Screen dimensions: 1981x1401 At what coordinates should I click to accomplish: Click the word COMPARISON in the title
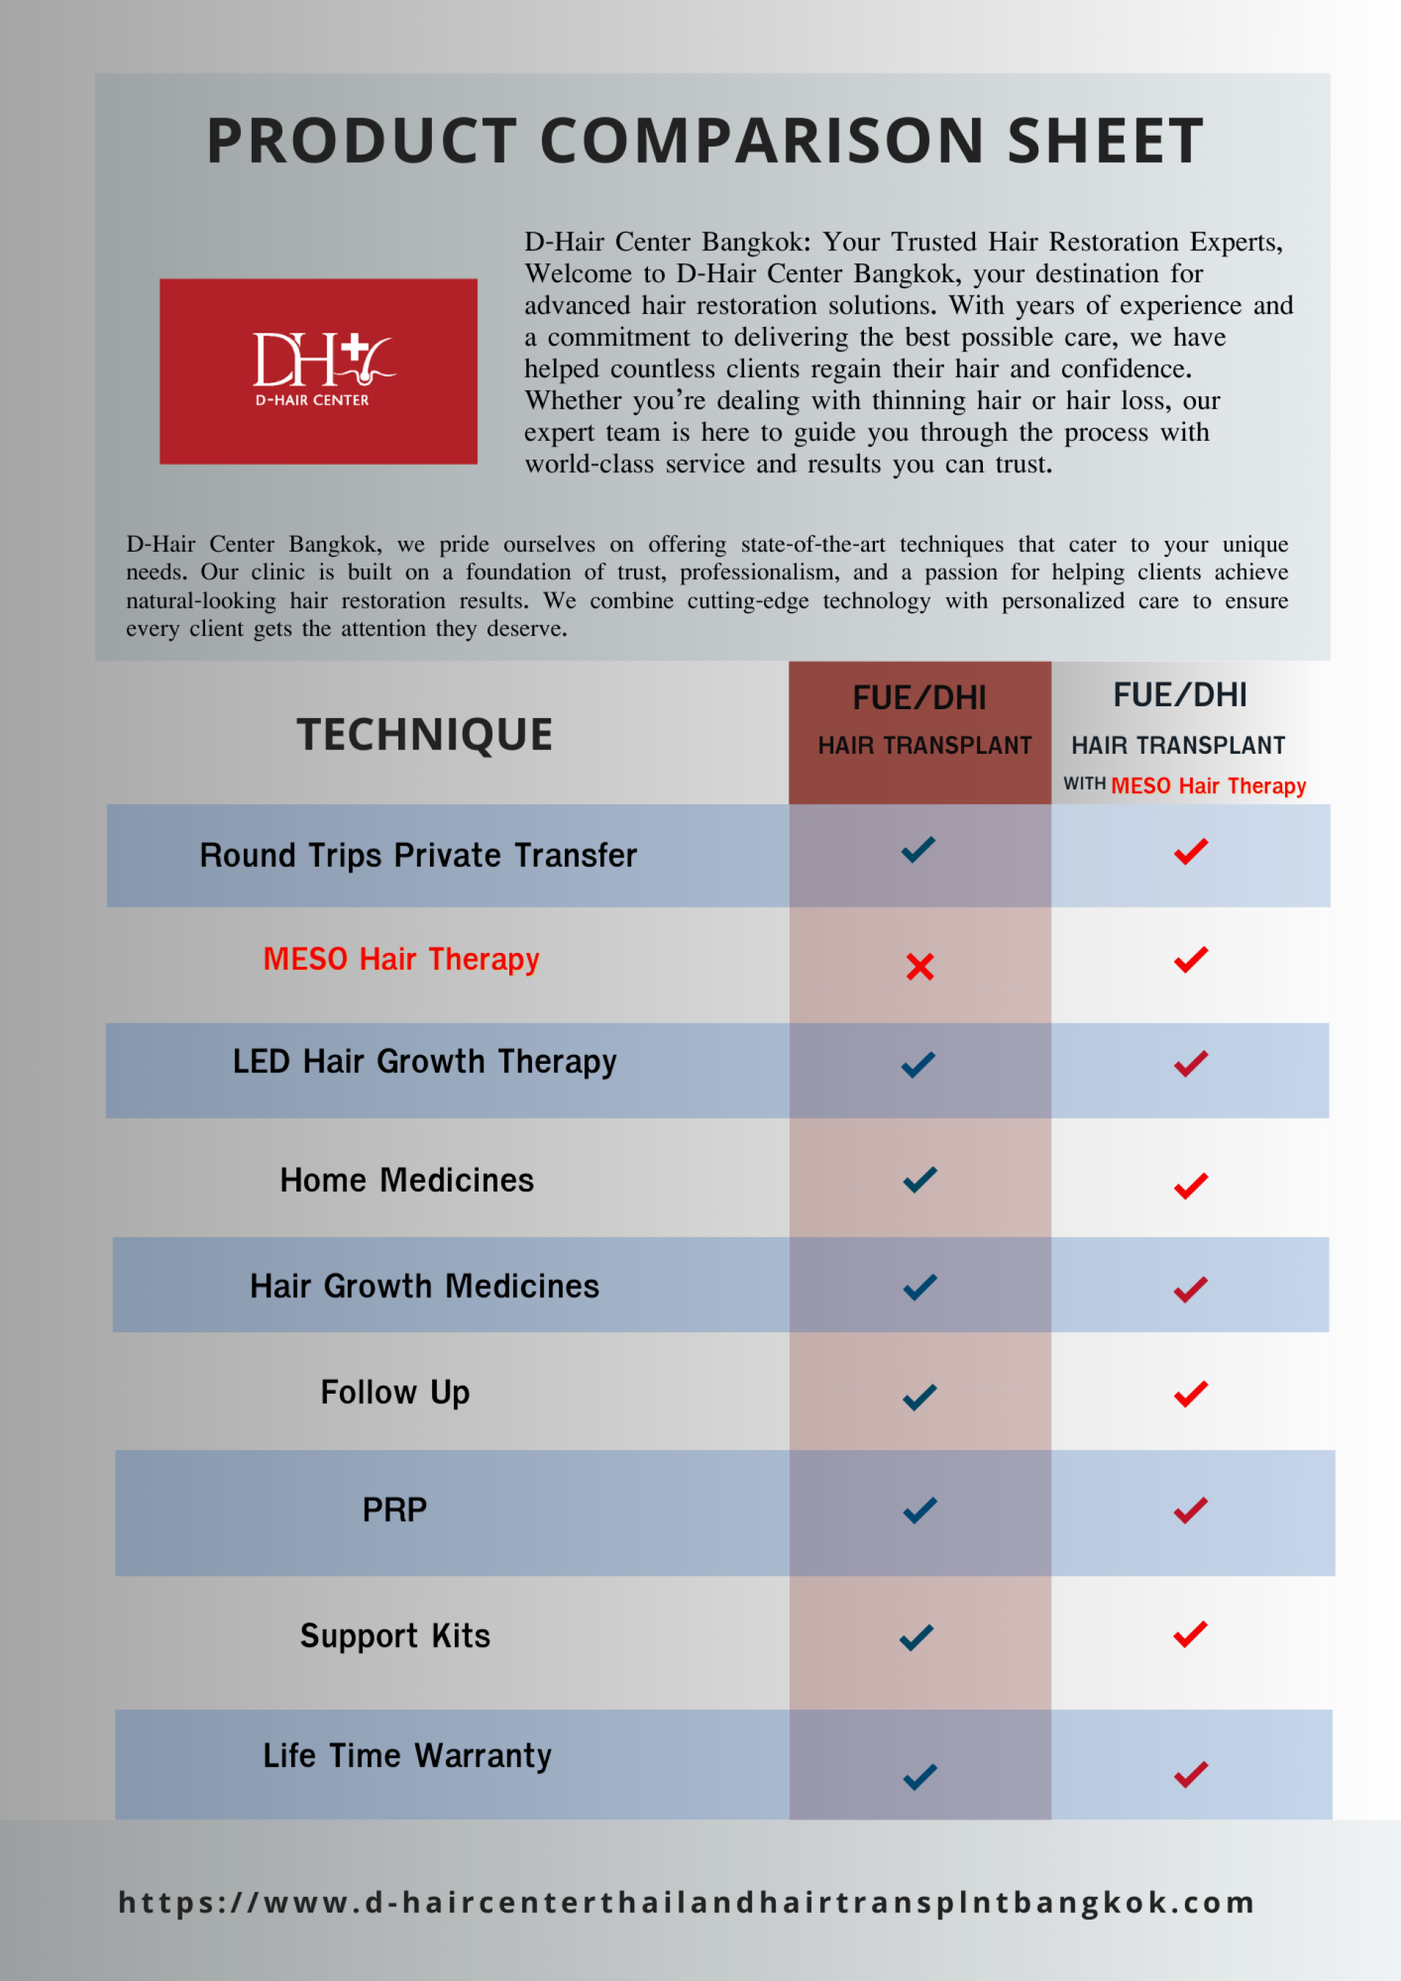[x=762, y=141]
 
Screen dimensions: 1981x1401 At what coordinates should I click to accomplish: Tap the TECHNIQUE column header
[x=425, y=734]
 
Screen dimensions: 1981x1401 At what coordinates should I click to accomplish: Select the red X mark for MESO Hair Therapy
[x=919, y=966]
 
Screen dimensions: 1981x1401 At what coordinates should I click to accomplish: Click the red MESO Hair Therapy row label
[x=401, y=959]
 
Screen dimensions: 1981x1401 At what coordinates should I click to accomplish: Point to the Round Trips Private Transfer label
[x=418, y=855]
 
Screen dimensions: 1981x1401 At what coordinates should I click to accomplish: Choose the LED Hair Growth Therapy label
[x=425, y=1061]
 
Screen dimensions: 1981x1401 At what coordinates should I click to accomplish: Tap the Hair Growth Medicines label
[x=425, y=1286]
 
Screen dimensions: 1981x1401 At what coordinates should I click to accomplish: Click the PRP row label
[x=394, y=1510]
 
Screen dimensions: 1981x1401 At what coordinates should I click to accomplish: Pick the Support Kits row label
[x=395, y=1636]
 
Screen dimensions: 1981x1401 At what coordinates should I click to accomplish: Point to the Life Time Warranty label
[x=407, y=1756]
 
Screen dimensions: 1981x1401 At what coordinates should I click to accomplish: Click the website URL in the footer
[x=687, y=1901]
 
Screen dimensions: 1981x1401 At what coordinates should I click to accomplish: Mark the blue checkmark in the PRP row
[x=919, y=1510]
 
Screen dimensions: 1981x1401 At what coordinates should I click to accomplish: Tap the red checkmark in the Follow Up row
[x=1191, y=1394]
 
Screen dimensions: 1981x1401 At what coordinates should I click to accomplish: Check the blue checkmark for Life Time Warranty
[x=919, y=1777]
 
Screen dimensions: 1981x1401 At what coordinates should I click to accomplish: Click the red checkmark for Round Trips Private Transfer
[x=1191, y=852]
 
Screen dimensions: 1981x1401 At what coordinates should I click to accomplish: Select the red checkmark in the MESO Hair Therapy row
[x=1191, y=959]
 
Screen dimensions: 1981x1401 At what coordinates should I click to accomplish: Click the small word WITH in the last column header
[x=1084, y=784]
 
